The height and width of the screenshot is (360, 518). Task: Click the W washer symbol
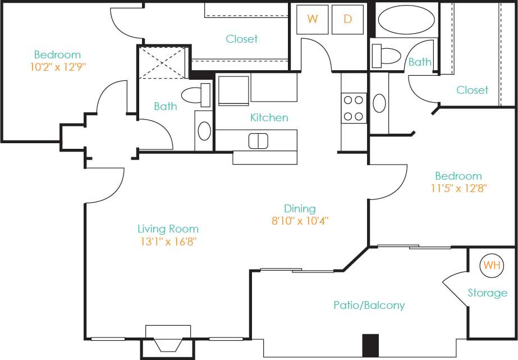(313, 19)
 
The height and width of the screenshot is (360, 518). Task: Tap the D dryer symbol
(347, 19)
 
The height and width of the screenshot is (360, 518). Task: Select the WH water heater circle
(492, 265)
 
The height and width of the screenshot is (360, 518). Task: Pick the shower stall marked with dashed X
(162, 62)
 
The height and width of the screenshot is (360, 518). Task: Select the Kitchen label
(269, 117)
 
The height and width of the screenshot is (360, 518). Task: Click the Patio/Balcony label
(369, 306)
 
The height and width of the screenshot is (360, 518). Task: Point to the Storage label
(487, 293)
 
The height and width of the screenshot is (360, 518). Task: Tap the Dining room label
(299, 208)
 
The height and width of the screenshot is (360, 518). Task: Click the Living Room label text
(168, 229)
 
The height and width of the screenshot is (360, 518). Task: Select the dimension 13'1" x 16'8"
(168, 242)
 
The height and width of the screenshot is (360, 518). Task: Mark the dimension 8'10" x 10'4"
(300, 221)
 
